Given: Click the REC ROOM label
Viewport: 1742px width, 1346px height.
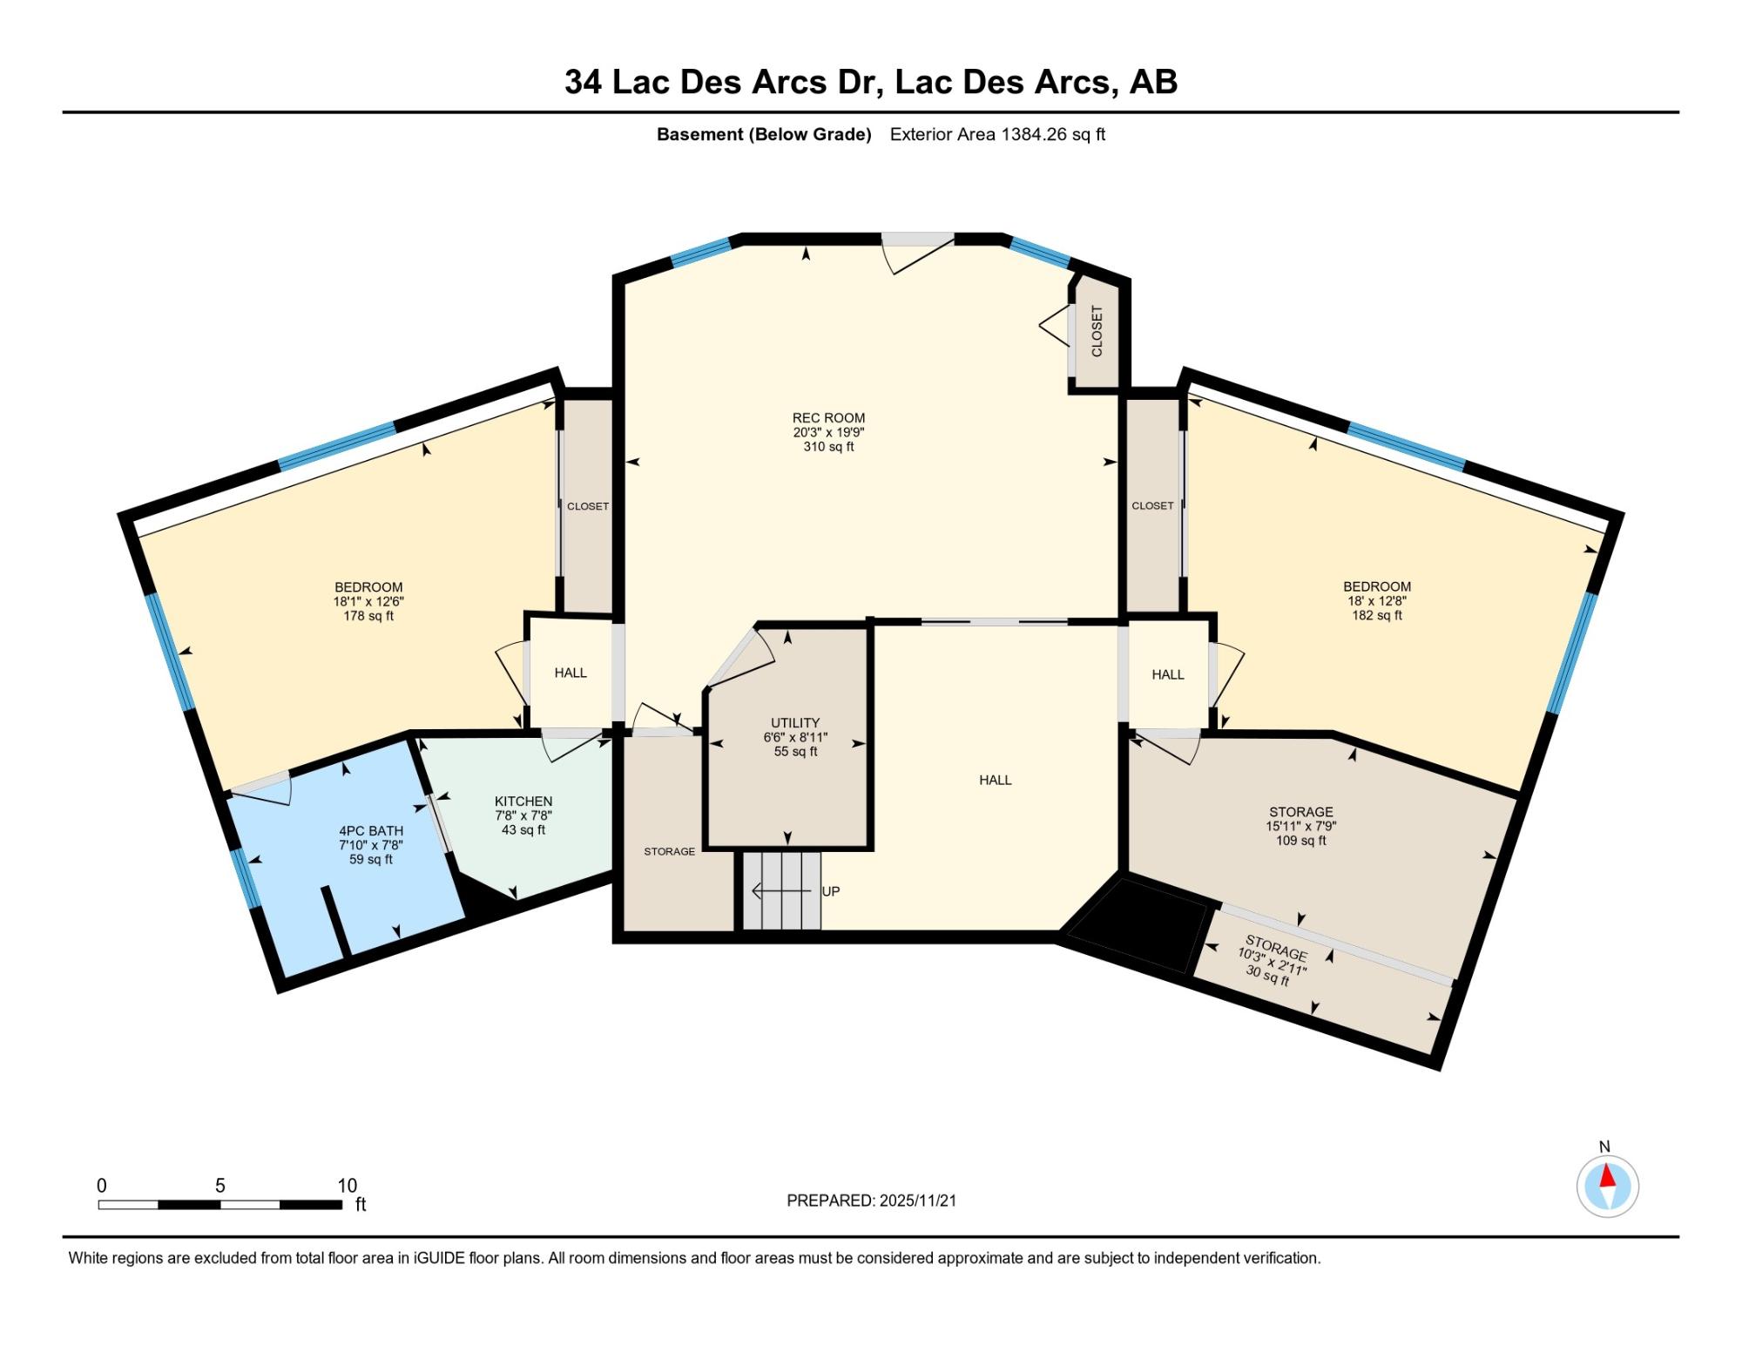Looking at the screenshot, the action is click(x=828, y=418).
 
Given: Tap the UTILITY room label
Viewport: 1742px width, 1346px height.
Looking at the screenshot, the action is click(x=795, y=723).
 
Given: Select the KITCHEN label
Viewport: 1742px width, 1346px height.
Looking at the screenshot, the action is click(x=523, y=802).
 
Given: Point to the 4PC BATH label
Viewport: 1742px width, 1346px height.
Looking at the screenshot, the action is click(x=371, y=831).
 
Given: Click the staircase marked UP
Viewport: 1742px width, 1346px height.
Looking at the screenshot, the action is click(x=781, y=890).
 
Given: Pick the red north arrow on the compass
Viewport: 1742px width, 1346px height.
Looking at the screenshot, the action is click(x=1607, y=1177).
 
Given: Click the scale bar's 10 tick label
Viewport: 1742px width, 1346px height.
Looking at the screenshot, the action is click(x=348, y=1186).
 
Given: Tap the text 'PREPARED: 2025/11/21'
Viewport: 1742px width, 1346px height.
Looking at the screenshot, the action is click(x=871, y=1201).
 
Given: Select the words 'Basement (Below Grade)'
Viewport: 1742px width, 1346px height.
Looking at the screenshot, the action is click(x=764, y=135).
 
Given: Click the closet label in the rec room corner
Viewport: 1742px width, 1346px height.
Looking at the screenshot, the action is click(x=1097, y=331).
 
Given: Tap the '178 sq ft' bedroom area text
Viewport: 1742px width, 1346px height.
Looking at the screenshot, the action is click(x=368, y=616).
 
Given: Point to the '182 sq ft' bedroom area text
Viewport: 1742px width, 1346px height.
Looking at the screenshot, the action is click(x=1376, y=615).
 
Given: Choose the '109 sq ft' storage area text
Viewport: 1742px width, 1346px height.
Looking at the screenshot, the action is click(x=1301, y=841).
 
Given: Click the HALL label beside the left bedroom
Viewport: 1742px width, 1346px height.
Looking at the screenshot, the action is click(x=571, y=673).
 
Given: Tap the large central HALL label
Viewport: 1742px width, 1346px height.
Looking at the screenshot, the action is click(x=995, y=780).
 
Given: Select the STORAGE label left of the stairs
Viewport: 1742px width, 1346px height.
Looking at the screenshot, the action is click(x=669, y=851).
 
